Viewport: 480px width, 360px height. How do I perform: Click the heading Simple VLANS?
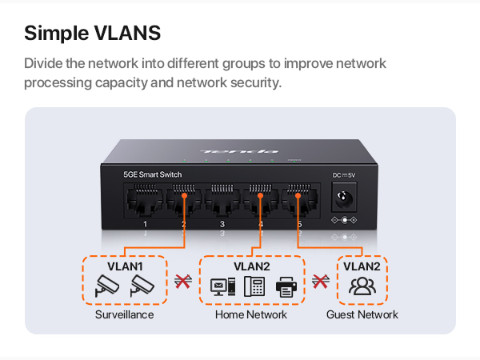(93, 33)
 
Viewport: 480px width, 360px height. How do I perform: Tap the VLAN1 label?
(125, 266)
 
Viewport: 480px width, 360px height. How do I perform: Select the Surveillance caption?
(124, 314)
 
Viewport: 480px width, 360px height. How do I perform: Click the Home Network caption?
(251, 314)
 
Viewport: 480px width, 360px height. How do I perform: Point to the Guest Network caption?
(362, 314)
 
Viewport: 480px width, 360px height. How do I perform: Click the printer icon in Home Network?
(286, 287)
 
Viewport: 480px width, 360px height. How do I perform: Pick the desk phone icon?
(254, 286)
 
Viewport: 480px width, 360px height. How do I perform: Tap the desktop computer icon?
(223, 286)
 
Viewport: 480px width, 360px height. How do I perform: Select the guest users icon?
(362, 286)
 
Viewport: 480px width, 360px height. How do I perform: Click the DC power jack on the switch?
(344, 197)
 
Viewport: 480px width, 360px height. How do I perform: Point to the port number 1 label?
(145, 224)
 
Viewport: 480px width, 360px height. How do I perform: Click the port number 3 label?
(222, 224)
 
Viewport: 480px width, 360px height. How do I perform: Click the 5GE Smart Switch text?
(153, 174)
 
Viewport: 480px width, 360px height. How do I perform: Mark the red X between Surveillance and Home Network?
(183, 282)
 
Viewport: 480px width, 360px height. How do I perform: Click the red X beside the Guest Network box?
(321, 282)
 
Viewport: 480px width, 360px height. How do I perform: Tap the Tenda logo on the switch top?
(239, 151)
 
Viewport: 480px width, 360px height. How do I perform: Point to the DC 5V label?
(344, 175)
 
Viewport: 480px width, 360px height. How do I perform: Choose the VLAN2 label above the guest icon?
(362, 266)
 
